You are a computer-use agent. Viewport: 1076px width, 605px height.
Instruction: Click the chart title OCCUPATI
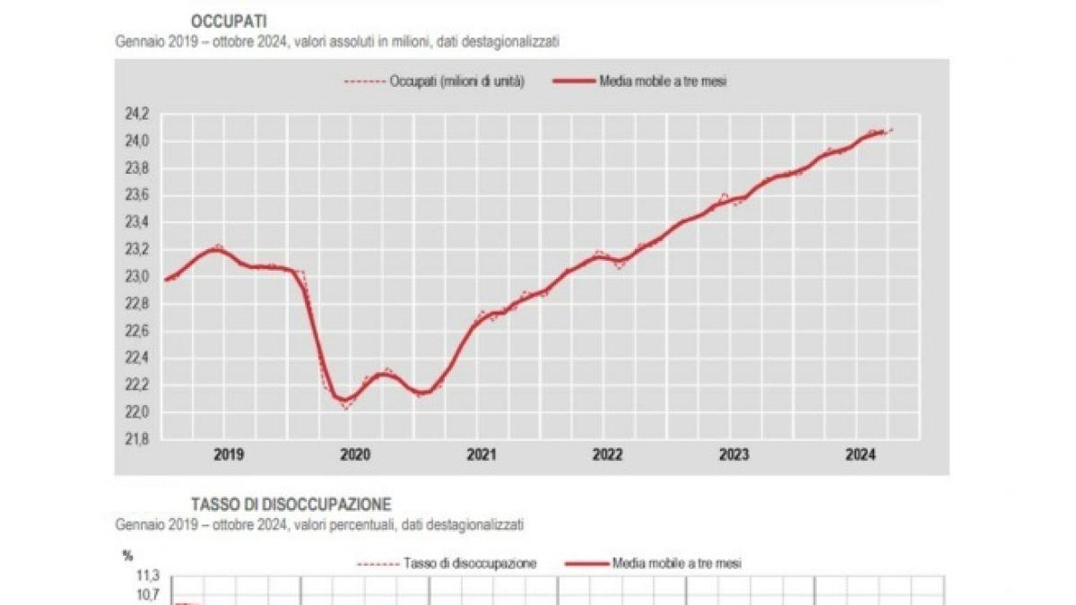[228, 21]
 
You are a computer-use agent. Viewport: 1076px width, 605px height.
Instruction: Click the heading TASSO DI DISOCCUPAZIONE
[291, 505]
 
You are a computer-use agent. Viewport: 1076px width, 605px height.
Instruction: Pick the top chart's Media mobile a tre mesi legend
[662, 82]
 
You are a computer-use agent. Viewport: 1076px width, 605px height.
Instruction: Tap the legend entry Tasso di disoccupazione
[469, 564]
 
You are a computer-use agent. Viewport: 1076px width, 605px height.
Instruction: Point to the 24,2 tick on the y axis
[136, 114]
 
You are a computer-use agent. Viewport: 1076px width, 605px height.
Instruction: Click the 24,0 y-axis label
[136, 141]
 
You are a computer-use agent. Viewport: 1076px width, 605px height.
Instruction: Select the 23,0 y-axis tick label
[136, 277]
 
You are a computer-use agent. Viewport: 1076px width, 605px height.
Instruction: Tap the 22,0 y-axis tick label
[136, 412]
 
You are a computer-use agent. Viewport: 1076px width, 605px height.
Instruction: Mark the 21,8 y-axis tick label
[136, 439]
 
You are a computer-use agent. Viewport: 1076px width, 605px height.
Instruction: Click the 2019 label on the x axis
[229, 455]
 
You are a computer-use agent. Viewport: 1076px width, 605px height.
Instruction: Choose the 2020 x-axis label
[355, 455]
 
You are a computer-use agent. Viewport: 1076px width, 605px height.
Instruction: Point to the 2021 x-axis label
[482, 455]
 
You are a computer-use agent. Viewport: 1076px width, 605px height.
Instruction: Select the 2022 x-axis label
[608, 455]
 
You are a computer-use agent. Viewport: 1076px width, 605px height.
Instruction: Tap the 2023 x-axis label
[734, 455]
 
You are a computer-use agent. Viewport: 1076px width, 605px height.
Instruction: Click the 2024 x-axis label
[861, 455]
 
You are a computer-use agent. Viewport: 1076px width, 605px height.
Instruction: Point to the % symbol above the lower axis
[127, 556]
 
